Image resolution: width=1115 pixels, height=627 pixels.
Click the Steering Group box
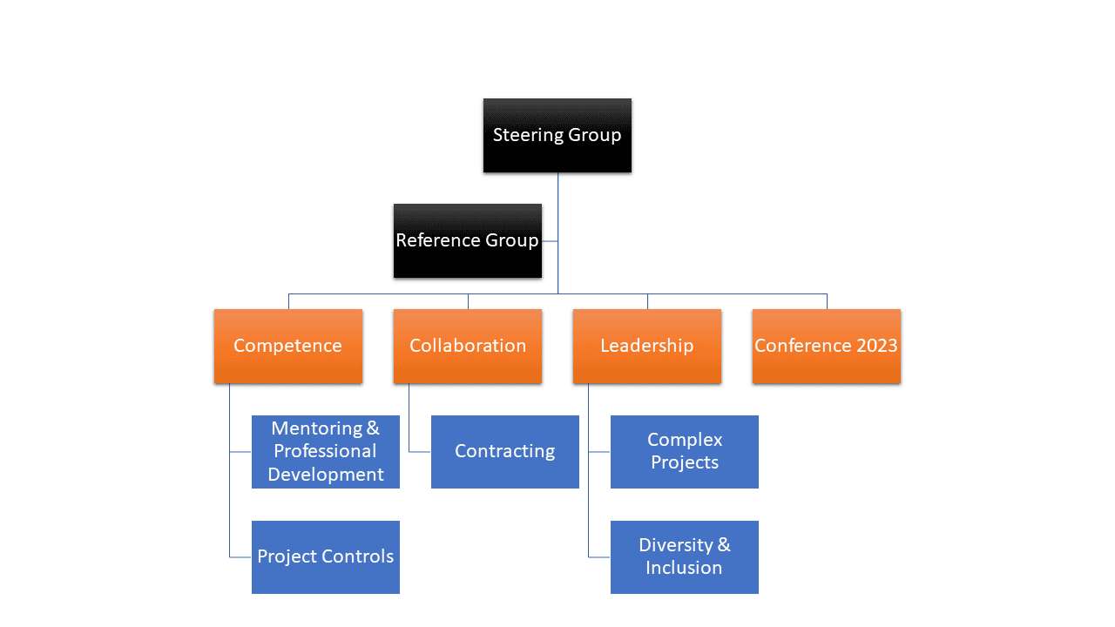pyautogui.click(x=557, y=135)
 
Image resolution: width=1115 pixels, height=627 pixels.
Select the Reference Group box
pyautogui.click(x=468, y=241)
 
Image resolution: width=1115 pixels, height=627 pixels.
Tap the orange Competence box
pyautogui.click(x=288, y=347)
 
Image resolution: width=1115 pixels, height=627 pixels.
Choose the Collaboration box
pyautogui.click(x=468, y=347)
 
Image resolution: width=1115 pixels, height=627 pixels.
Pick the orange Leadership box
pyautogui.click(x=647, y=347)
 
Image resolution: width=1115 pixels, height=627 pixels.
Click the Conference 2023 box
pyautogui.click(x=827, y=347)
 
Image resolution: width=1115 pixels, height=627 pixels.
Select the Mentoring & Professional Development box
pyautogui.click(x=326, y=452)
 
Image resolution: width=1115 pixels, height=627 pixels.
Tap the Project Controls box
pyautogui.click(x=326, y=557)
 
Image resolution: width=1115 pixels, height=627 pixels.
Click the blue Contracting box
pyautogui.click(x=504, y=452)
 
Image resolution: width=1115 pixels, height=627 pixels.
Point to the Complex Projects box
pyautogui.click(x=685, y=452)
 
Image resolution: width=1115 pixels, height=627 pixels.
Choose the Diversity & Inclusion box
pyautogui.click(x=685, y=557)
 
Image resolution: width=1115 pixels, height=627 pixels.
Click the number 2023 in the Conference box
pyautogui.click(x=877, y=346)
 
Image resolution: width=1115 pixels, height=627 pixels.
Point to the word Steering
pyautogui.click(x=528, y=135)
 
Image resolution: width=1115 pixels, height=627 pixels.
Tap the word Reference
pyautogui.click(x=438, y=240)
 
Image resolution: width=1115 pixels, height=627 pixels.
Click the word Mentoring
pyautogui.click(x=316, y=429)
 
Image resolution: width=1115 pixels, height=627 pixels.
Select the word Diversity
pyautogui.click(x=676, y=545)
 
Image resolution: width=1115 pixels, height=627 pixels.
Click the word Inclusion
pyautogui.click(x=684, y=568)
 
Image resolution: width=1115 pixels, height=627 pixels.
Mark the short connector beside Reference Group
pyautogui.click(x=550, y=241)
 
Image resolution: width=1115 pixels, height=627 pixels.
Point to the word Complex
pyautogui.click(x=685, y=441)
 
